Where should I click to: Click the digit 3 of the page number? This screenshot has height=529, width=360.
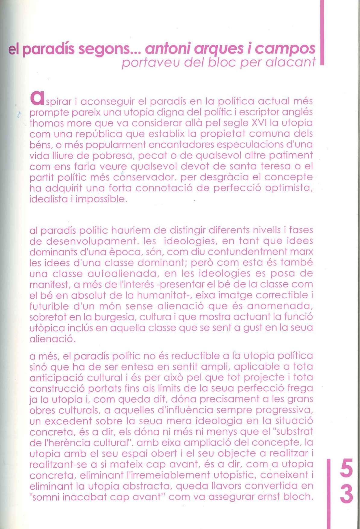pos(346,494)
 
